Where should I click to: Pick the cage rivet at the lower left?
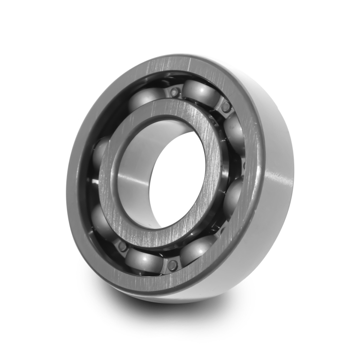pyautogui.click(x=123, y=246)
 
